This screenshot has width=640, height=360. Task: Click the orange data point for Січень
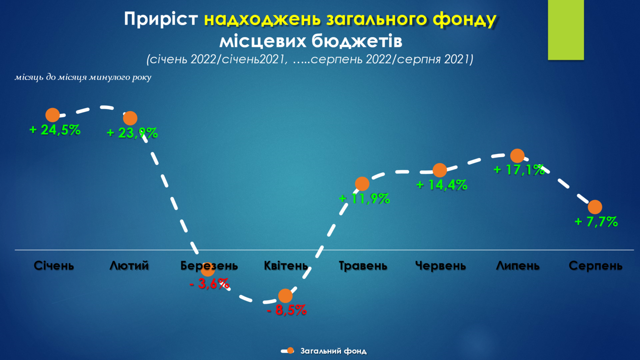[53, 115]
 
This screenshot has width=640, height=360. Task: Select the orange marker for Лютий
[130, 118]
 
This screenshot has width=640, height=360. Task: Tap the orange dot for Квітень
[286, 296]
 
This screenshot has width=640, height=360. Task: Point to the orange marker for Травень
[362, 184]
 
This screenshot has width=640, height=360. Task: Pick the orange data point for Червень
[440, 170]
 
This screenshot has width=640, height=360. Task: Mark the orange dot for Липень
[517, 156]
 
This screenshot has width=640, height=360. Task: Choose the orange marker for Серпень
[595, 207]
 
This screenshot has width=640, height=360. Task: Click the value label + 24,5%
[55, 130]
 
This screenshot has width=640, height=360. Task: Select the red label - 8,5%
[287, 310]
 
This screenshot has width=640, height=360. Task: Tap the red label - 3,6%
[209, 284]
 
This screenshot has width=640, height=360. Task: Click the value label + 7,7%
[596, 222]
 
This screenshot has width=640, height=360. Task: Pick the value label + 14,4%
[442, 185]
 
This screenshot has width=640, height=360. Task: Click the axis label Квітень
[286, 266]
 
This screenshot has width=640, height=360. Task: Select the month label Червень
[441, 266]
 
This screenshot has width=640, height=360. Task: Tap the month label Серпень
[596, 266]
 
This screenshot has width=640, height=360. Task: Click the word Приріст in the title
[161, 20]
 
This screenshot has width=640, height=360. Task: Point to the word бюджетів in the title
[357, 41]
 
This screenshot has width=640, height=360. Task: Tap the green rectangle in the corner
[566, 30]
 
